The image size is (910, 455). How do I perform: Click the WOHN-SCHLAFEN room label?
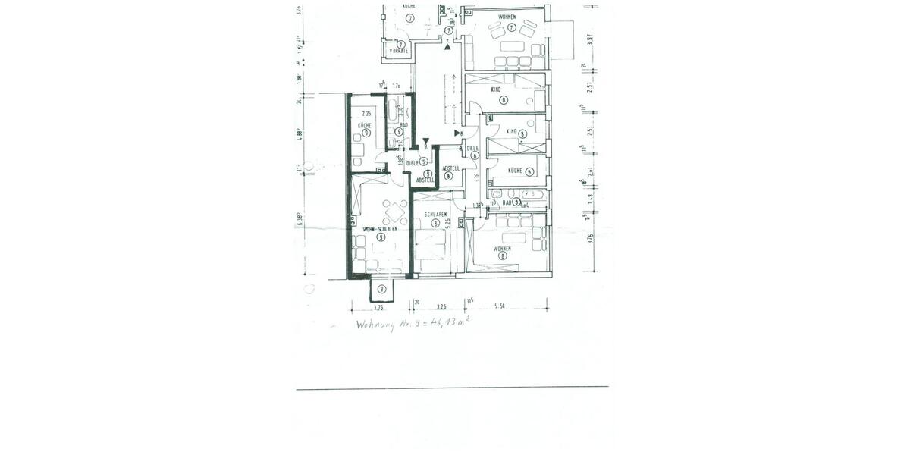pos(380,229)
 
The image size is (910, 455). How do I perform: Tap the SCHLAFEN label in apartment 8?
pos(436,215)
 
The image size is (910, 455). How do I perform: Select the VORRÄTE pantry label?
pos(398,51)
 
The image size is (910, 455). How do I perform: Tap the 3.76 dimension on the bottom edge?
pos(379,309)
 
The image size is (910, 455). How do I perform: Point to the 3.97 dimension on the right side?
pos(591,39)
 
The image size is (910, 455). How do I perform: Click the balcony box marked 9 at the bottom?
pos(382,289)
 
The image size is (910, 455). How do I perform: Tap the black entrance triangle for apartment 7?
pos(449,47)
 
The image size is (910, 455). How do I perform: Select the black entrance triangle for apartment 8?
pos(457,134)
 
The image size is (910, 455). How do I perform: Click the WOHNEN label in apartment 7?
pos(507,17)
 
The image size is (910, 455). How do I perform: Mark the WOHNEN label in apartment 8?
pos(502,249)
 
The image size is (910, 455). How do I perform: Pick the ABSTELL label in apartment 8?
pos(451,168)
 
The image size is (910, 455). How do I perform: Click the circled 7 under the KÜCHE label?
pos(409,17)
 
